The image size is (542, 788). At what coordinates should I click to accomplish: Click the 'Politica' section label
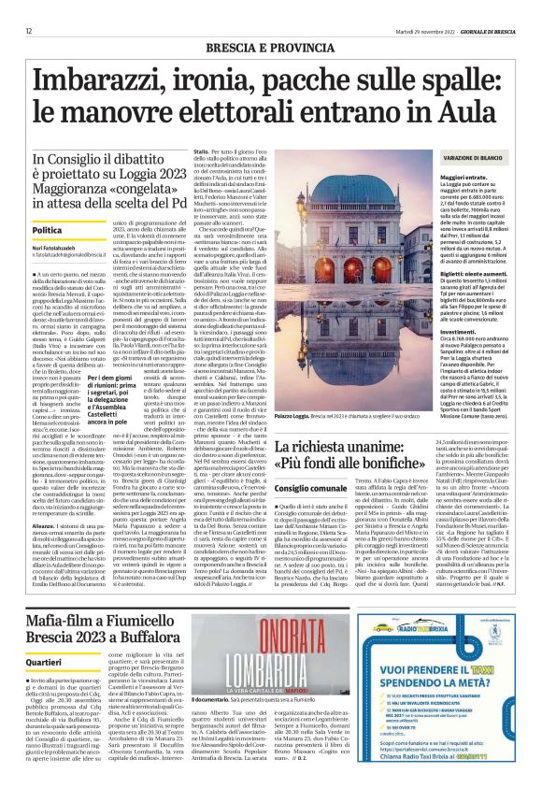[47, 229]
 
